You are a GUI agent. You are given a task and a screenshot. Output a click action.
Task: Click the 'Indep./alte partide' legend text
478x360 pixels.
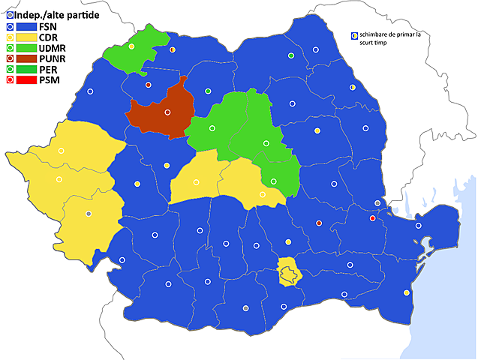tap(57, 15)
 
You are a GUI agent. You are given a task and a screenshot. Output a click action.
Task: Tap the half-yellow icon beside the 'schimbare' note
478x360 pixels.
tap(353, 35)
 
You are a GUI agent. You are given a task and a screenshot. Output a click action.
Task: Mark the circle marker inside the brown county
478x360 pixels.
tap(167, 112)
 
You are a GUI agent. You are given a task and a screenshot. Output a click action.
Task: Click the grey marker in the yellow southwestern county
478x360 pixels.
tap(89, 214)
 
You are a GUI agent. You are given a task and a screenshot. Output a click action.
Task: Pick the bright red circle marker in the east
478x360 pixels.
tap(373, 218)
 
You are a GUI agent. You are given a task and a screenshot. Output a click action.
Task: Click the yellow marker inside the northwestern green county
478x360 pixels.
tap(131, 46)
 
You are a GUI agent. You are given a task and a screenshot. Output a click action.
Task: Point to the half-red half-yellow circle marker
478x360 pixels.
tap(173, 49)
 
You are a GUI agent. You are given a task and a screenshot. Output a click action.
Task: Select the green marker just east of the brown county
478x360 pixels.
tap(208, 91)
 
